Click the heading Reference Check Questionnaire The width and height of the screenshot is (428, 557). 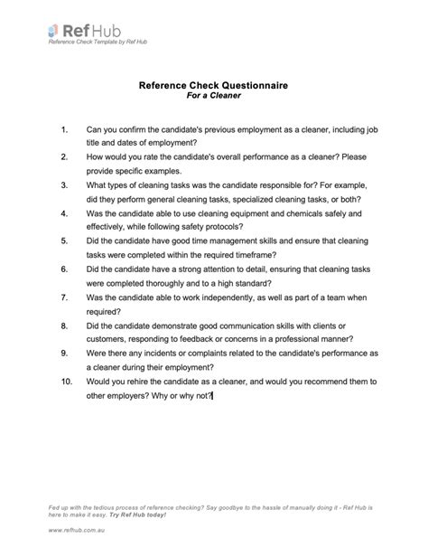pyautogui.click(x=213, y=83)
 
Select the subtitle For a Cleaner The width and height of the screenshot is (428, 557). pyautogui.click(x=214, y=95)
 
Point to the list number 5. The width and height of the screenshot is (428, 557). pyautogui.click(x=65, y=242)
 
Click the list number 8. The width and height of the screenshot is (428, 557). pyautogui.click(x=65, y=325)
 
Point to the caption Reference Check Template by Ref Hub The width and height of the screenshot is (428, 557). pyautogui.click(x=98, y=42)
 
